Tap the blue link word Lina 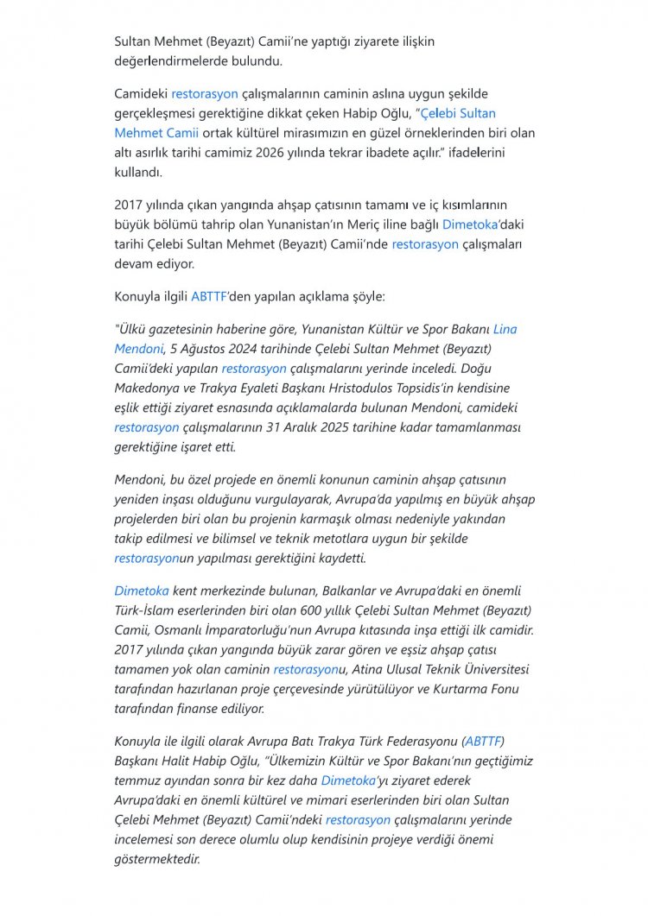click(505, 329)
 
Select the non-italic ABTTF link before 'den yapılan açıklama click(208, 296)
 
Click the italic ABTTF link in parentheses click(483, 741)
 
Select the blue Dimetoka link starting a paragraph click(141, 590)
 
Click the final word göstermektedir click(156, 858)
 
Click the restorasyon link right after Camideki click(204, 93)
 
